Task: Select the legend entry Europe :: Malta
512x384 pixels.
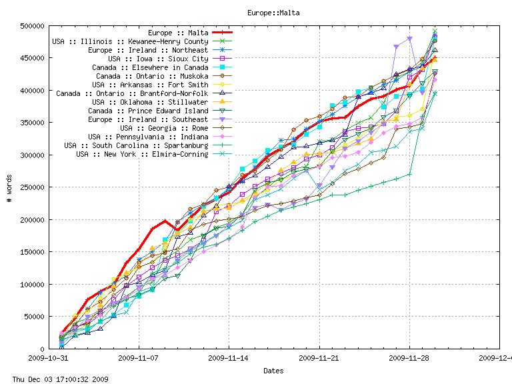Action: click(178, 33)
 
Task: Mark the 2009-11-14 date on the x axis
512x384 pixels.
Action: click(229, 358)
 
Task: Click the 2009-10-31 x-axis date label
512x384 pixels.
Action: click(48, 358)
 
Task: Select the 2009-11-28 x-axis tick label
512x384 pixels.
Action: click(409, 358)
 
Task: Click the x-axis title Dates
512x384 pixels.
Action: click(273, 371)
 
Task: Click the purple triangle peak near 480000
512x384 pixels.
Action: click(409, 39)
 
